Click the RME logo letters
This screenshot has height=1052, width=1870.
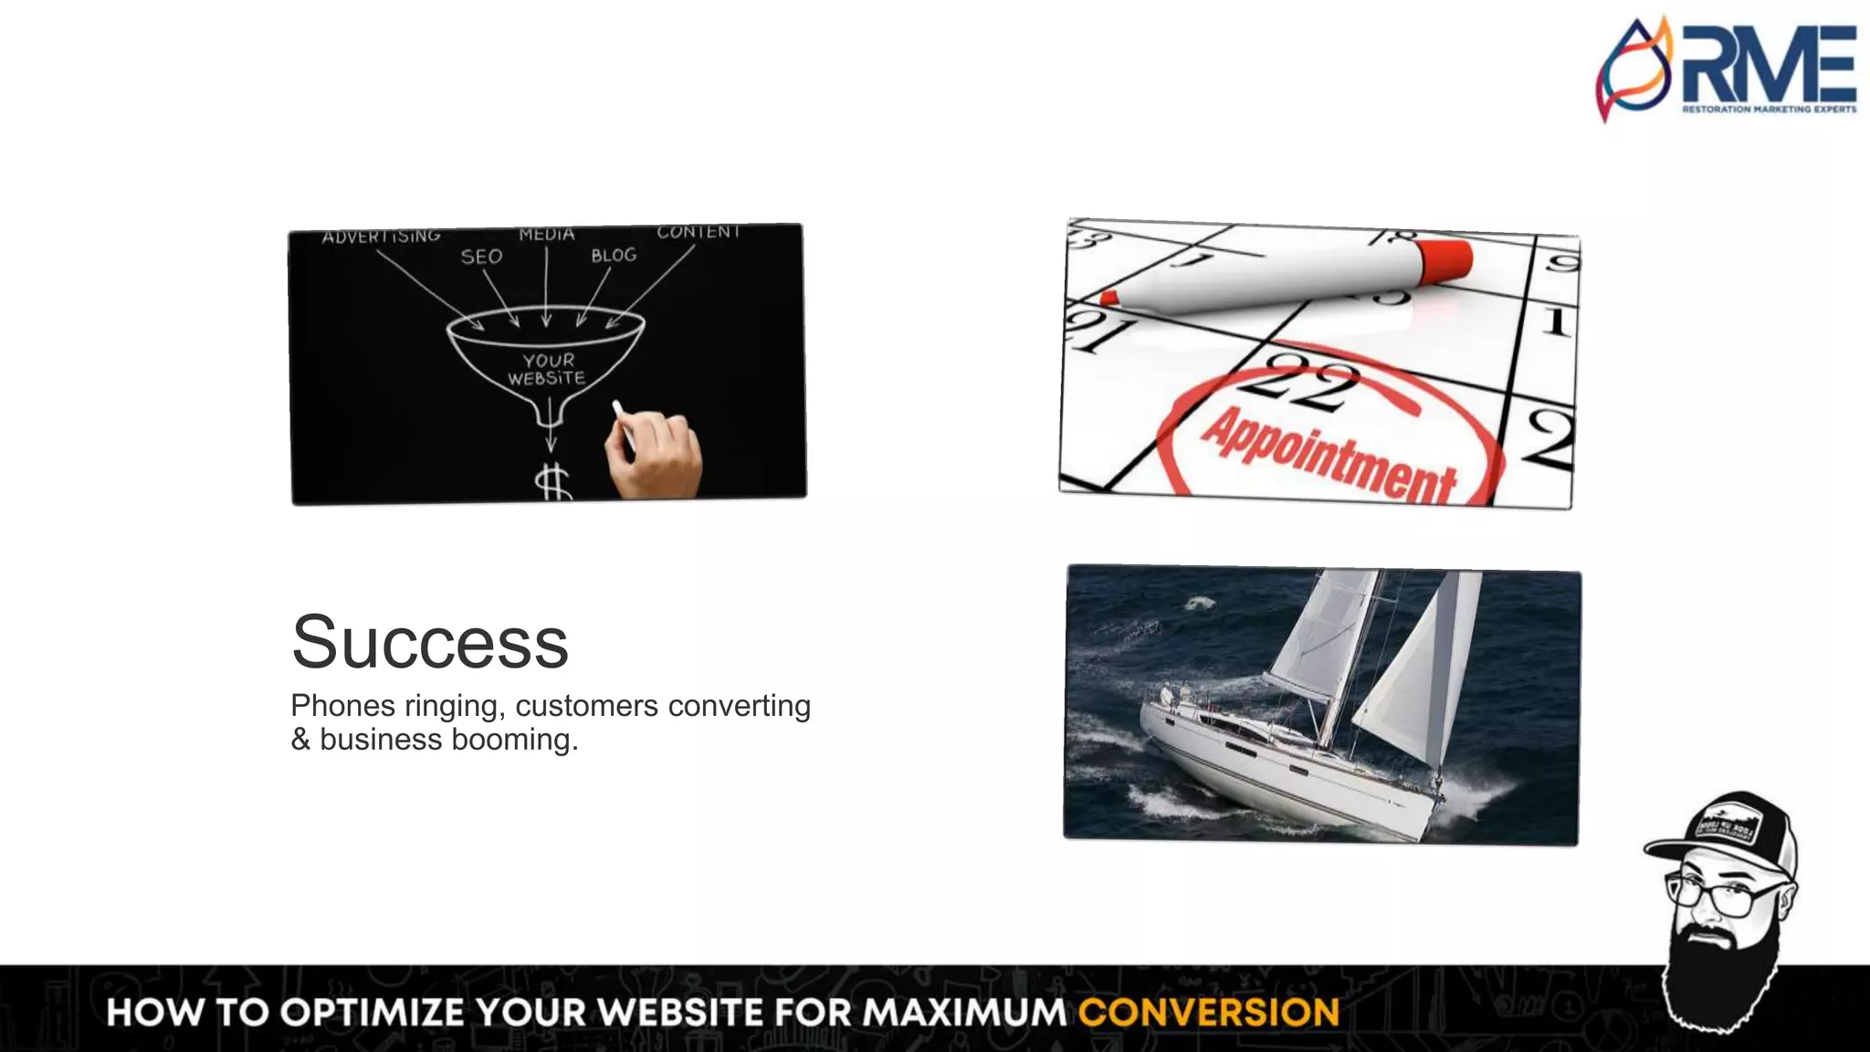pos(1769,64)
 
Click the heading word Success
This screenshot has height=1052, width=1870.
pos(430,642)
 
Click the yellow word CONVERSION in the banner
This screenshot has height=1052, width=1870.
pos(1208,1013)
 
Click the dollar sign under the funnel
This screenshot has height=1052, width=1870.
pos(553,481)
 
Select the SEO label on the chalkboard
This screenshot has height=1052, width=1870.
pos(481,257)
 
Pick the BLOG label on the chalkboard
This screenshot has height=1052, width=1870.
pos(614,256)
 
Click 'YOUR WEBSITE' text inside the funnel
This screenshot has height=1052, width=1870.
pos(548,369)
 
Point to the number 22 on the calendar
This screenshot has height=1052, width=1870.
pos(1301,382)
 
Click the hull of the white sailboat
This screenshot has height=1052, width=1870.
pos(1278,776)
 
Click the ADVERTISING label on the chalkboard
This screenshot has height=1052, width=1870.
pos(381,237)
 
